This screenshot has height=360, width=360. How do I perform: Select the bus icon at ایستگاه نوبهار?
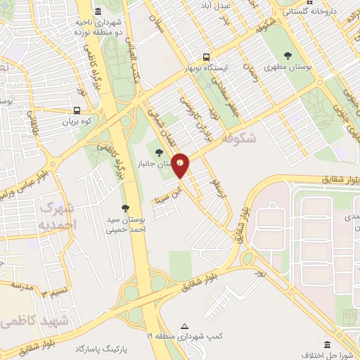pyautogui.click(x=205, y=57)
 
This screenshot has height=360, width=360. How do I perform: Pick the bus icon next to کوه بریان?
pyautogui.click(x=77, y=110)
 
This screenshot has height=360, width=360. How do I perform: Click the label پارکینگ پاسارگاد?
pyautogui.click(x=105, y=348)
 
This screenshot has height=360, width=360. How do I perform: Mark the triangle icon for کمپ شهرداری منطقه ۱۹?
pyautogui.click(x=185, y=326)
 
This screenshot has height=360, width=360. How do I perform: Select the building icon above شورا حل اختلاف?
pyautogui.click(x=328, y=344)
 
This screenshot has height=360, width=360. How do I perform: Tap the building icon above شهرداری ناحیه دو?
pyautogui.click(x=97, y=11)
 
